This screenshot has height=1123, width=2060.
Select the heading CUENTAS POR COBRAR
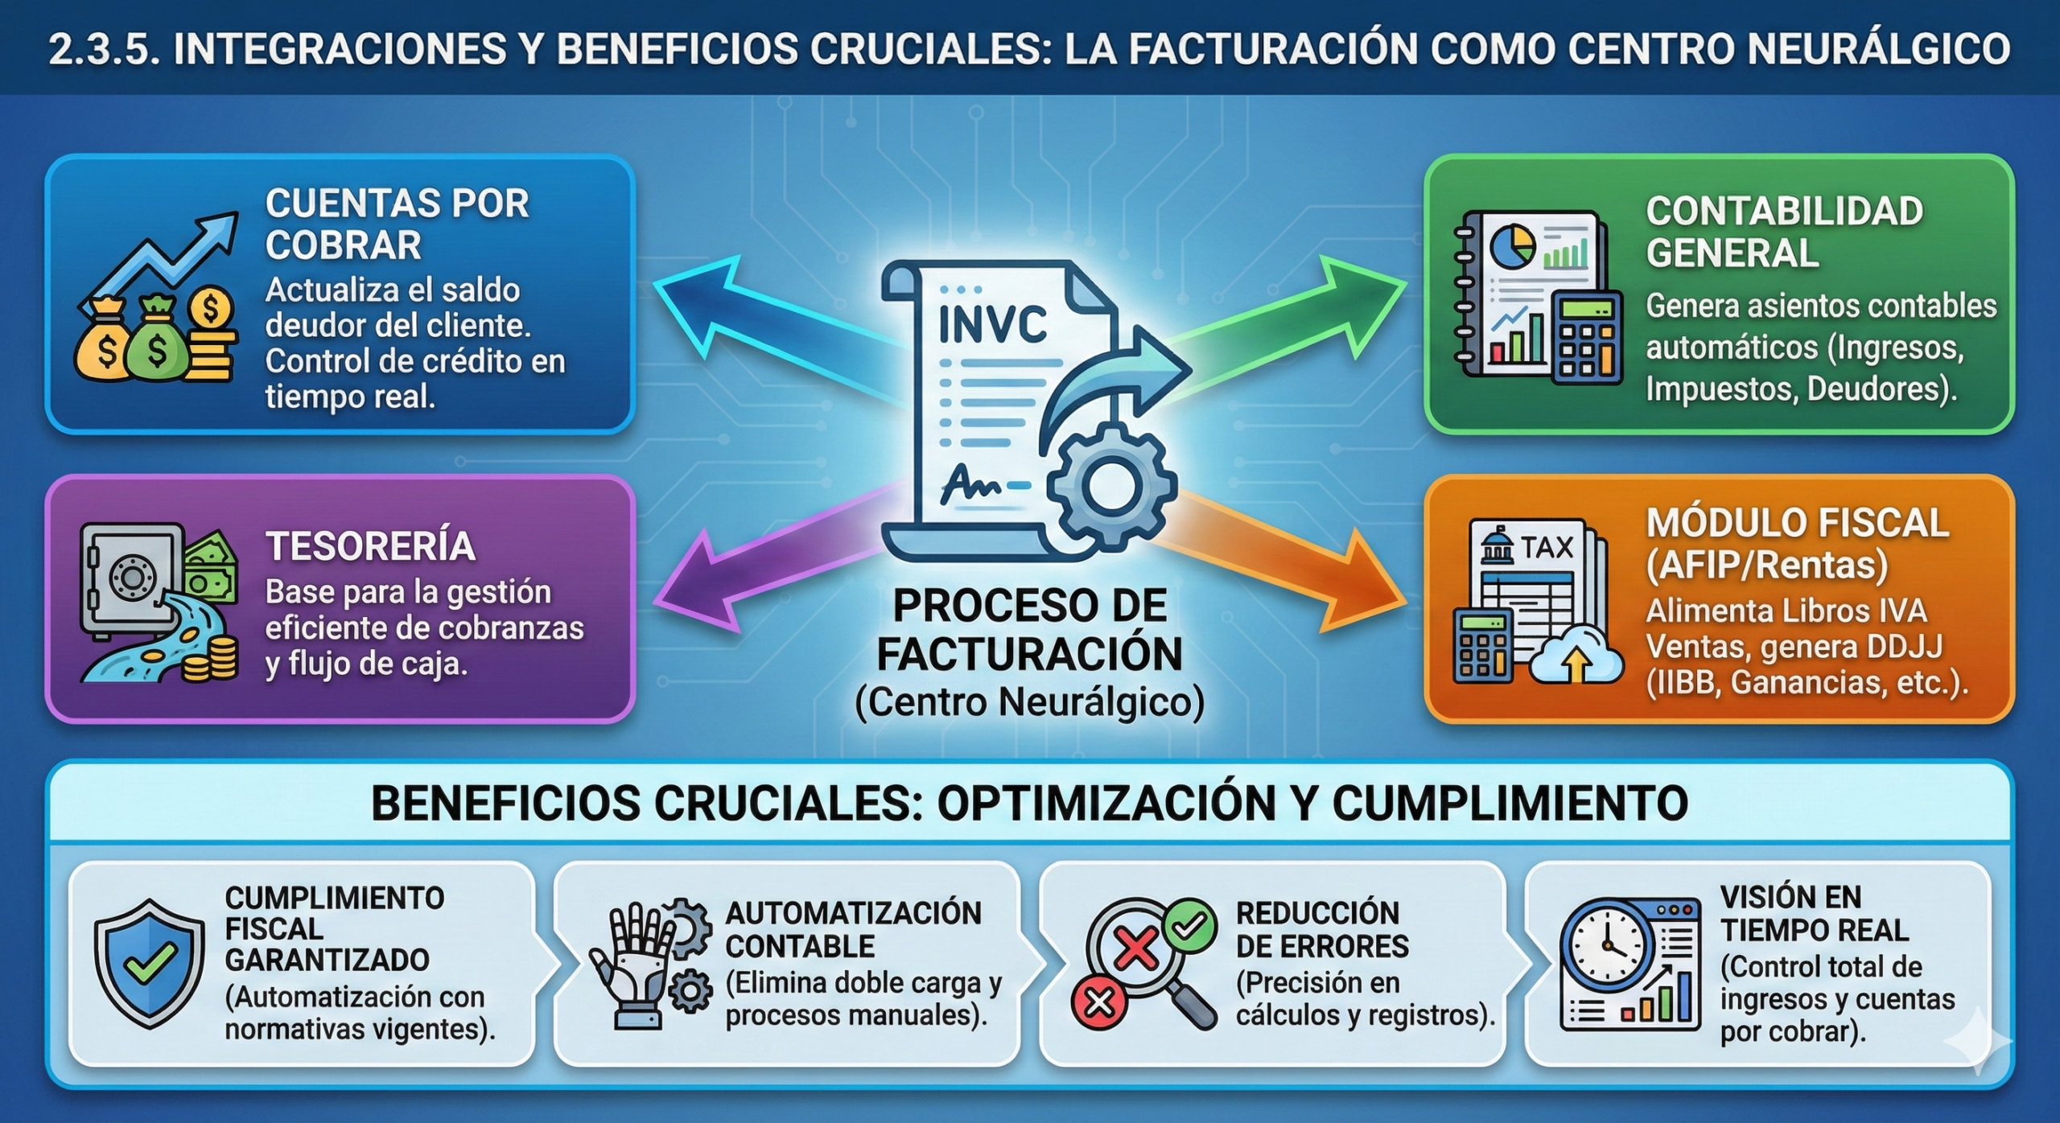pos(397,224)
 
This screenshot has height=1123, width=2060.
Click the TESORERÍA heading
pos(371,546)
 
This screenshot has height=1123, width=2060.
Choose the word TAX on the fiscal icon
pos(1546,548)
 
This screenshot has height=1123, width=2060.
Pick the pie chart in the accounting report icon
pos(1512,247)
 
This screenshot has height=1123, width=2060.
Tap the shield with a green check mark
pos(149,963)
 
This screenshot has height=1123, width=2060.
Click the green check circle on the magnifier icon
pos(1189,925)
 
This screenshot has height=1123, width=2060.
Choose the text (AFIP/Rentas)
pos(1766,566)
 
